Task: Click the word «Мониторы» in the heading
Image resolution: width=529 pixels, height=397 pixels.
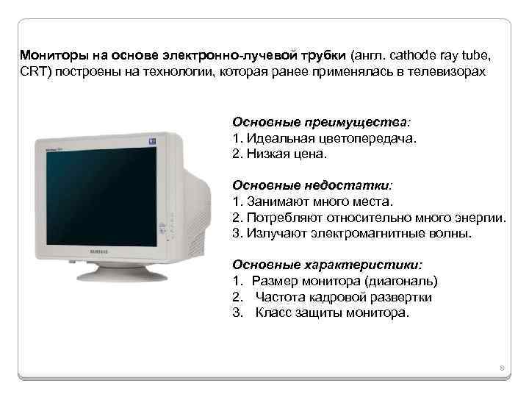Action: click(50, 56)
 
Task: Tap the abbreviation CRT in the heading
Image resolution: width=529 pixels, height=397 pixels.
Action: click(32, 74)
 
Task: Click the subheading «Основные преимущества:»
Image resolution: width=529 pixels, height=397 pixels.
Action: click(322, 121)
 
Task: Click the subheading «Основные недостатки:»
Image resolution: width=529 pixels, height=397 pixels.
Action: click(313, 185)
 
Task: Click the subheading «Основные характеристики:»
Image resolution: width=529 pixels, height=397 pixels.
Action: click(328, 264)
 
